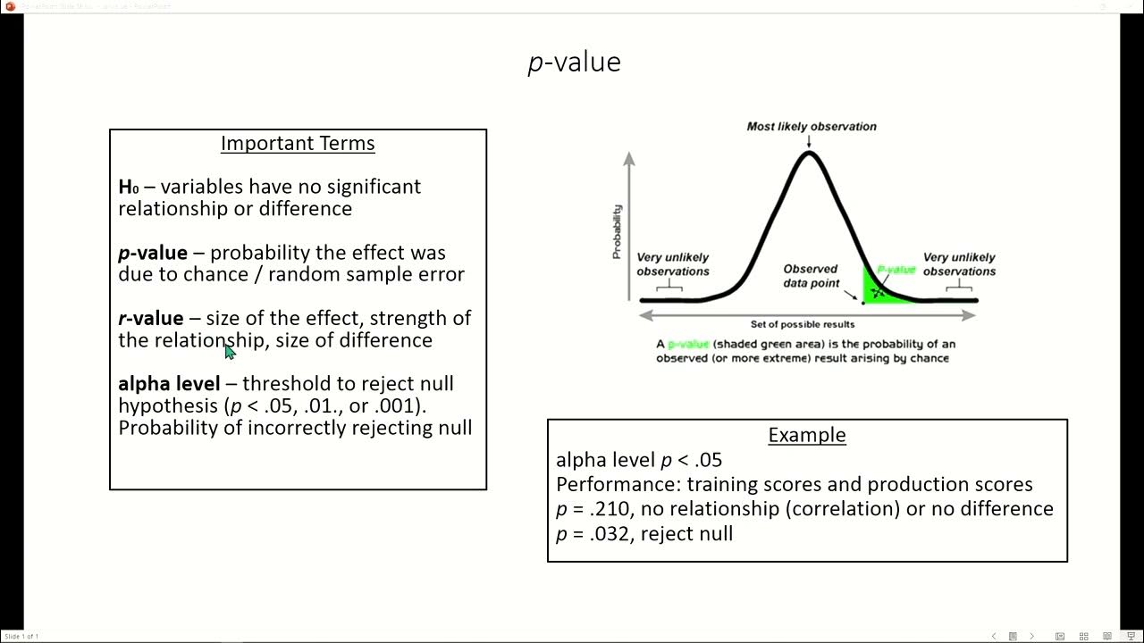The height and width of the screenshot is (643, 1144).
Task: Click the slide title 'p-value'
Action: (574, 62)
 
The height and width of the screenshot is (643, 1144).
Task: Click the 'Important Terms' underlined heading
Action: (298, 144)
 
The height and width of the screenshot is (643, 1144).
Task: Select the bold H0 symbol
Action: (129, 187)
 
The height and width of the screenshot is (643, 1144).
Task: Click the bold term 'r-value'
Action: (150, 319)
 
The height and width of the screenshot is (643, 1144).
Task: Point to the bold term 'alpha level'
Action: (169, 384)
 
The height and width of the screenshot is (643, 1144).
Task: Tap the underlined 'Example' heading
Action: (806, 435)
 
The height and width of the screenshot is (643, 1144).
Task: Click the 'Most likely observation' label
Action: (812, 127)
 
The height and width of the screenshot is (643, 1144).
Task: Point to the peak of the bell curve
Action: (809, 154)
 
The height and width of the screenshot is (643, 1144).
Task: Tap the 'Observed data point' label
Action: (811, 276)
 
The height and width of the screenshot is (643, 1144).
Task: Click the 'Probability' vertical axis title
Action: (617, 231)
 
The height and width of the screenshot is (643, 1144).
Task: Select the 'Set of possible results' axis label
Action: (803, 324)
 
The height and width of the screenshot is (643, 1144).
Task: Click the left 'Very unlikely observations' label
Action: (672, 264)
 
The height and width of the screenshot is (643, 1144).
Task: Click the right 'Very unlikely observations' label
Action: (959, 264)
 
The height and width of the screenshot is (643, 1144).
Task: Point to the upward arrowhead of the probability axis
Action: (629, 158)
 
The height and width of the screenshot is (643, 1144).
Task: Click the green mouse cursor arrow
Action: (230, 351)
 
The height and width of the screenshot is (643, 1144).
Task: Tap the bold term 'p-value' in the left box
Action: (153, 254)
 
